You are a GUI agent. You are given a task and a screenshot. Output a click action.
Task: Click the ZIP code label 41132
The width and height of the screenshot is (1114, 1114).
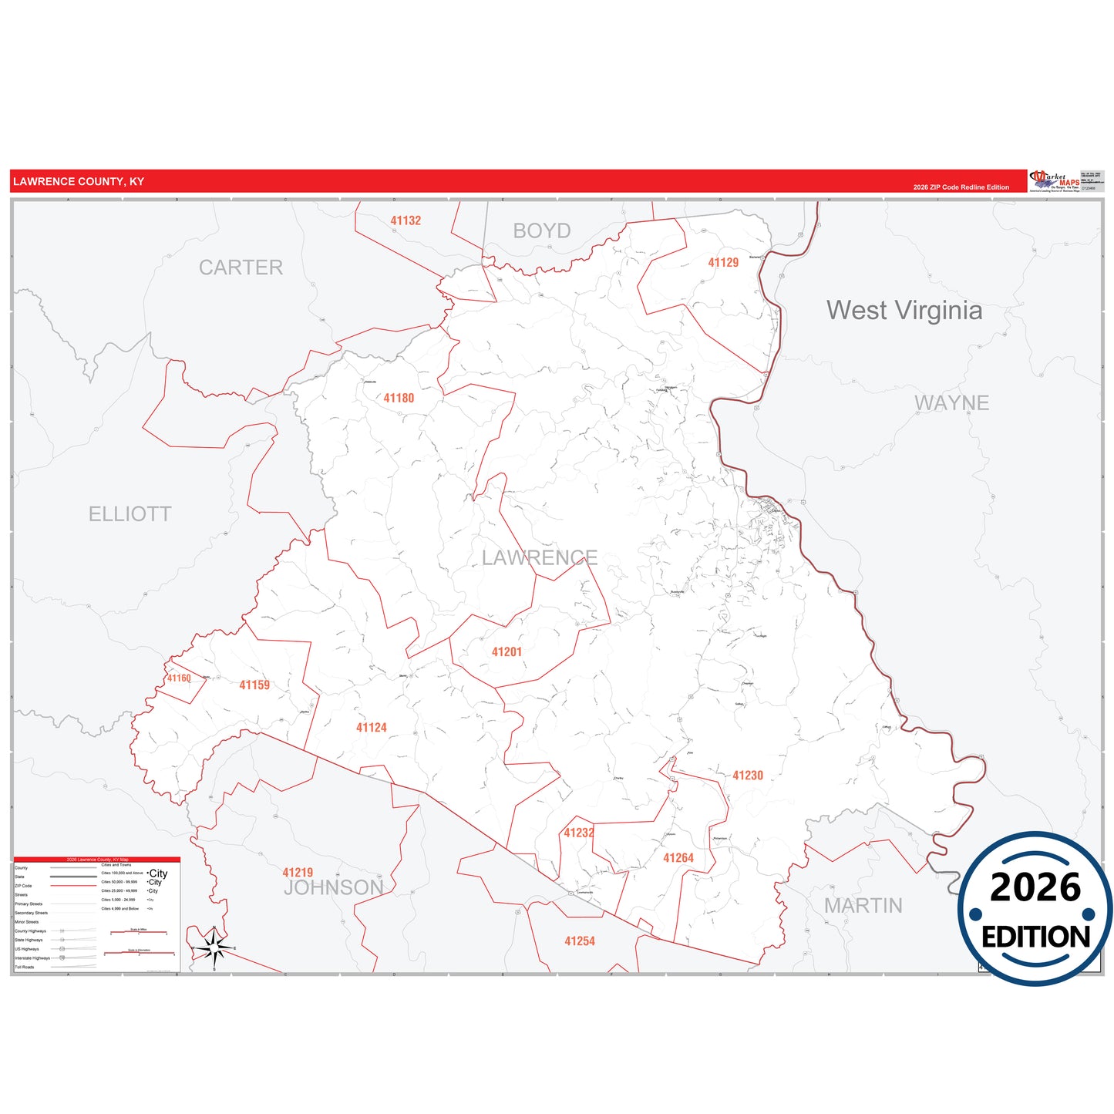pyautogui.click(x=406, y=220)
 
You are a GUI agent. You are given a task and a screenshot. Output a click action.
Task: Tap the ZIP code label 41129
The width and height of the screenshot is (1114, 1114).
pyautogui.click(x=723, y=262)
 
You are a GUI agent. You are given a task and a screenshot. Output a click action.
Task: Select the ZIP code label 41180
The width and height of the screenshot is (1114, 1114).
pyautogui.click(x=399, y=398)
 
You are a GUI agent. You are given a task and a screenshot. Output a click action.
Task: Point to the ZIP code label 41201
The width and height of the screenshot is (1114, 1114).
pyautogui.click(x=507, y=651)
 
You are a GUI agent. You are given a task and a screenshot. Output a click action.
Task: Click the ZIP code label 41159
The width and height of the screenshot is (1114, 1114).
pyautogui.click(x=254, y=685)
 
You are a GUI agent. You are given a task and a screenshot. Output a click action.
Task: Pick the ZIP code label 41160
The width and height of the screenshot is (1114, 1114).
pyautogui.click(x=179, y=678)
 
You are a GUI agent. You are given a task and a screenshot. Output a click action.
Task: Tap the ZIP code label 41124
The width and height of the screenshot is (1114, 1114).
pyautogui.click(x=371, y=727)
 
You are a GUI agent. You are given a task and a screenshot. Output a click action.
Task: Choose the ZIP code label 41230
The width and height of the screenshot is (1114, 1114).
pyautogui.click(x=747, y=775)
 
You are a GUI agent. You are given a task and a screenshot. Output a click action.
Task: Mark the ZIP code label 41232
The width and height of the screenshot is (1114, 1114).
pyautogui.click(x=578, y=833)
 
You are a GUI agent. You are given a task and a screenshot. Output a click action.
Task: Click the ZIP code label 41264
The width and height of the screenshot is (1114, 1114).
pyautogui.click(x=678, y=857)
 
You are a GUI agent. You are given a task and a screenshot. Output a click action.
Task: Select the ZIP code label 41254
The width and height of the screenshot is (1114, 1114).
pyautogui.click(x=579, y=941)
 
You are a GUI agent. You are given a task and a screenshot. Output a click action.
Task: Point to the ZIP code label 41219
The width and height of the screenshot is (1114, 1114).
pyautogui.click(x=298, y=873)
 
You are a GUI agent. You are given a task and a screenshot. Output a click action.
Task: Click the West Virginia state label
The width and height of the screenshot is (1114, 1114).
pyautogui.click(x=904, y=310)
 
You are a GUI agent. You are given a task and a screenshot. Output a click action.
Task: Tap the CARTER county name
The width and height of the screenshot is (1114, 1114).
pyautogui.click(x=241, y=268)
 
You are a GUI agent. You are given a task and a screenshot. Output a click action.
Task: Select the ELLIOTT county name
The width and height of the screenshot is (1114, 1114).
pyautogui.click(x=130, y=513)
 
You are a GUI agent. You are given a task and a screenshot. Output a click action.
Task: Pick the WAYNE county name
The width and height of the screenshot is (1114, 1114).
pyautogui.click(x=951, y=402)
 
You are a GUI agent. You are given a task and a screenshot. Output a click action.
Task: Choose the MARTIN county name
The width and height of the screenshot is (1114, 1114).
pyautogui.click(x=863, y=905)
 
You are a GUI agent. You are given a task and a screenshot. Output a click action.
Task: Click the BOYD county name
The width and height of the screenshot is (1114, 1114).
pyautogui.click(x=541, y=231)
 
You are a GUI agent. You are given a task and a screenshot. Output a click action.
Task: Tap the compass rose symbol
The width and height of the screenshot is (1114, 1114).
pyautogui.click(x=214, y=947)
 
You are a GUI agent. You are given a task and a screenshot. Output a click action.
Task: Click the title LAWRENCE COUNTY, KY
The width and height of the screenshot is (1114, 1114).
pyautogui.click(x=79, y=182)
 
